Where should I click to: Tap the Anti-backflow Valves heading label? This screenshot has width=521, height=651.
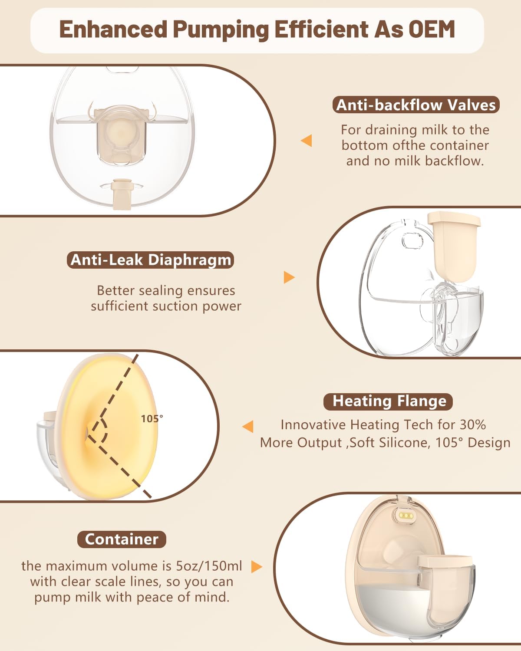[415, 105]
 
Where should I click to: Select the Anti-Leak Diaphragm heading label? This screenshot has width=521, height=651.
[151, 260]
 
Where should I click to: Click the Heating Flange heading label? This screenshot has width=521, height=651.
[389, 401]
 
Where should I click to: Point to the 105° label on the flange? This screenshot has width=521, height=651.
[152, 419]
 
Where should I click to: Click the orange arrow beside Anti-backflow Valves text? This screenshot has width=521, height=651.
[307, 141]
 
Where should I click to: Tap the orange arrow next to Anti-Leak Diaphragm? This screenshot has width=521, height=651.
[289, 277]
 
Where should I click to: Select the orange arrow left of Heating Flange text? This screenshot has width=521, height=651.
[248, 427]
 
